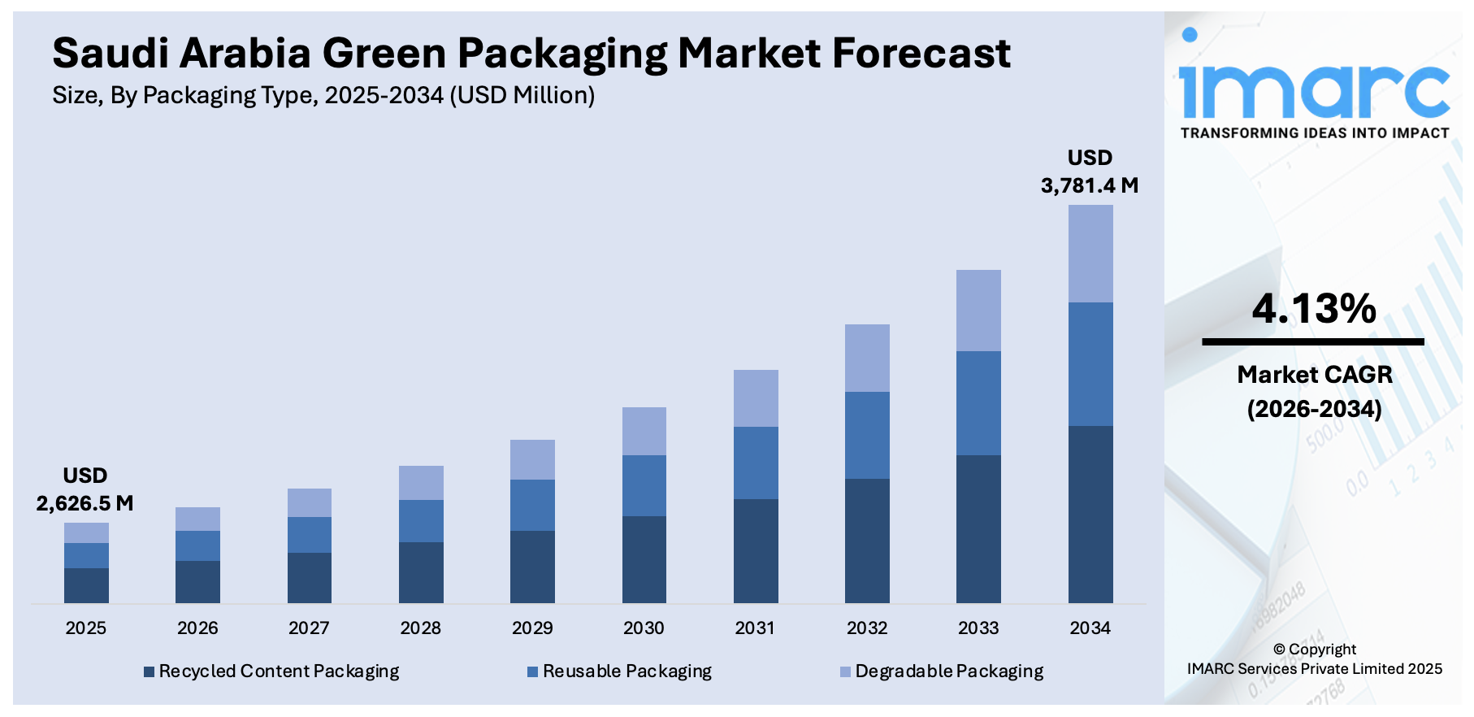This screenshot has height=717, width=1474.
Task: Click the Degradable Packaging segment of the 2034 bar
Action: pyautogui.click(x=1090, y=254)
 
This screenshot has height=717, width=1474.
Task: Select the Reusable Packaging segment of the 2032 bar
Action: pyautogui.click(x=867, y=435)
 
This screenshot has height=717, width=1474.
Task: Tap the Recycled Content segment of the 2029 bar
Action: pyautogui.click(x=532, y=567)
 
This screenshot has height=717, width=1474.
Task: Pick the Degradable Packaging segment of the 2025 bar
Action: pyautogui.click(x=86, y=532)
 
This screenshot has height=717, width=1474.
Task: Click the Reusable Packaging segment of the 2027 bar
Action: pyautogui.click(x=310, y=535)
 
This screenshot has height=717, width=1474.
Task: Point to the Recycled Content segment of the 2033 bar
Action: pyautogui.click(x=978, y=528)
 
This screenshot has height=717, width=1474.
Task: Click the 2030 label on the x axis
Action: pyautogui.click(x=644, y=628)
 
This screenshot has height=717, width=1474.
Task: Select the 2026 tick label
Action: pyautogui.click(x=197, y=628)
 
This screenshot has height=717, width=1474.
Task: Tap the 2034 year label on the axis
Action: pyautogui.click(x=1090, y=628)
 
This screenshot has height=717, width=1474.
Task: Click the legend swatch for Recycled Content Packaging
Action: pyautogui.click(x=149, y=671)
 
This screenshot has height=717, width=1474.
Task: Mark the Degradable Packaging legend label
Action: pyautogui.click(x=949, y=671)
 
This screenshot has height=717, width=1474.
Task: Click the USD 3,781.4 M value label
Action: pyautogui.click(x=1090, y=172)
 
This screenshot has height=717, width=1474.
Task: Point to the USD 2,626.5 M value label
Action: pyautogui.click(x=85, y=489)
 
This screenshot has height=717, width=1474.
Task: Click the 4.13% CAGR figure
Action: pyautogui.click(x=1314, y=309)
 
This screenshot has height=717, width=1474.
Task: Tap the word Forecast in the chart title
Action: pyautogui.click(x=921, y=54)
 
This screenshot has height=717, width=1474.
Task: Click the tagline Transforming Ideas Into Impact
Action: pyautogui.click(x=1314, y=133)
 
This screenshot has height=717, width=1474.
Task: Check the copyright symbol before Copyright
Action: pyautogui.click(x=1279, y=650)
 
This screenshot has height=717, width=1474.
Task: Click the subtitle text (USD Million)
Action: pyautogui.click(x=524, y=96)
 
